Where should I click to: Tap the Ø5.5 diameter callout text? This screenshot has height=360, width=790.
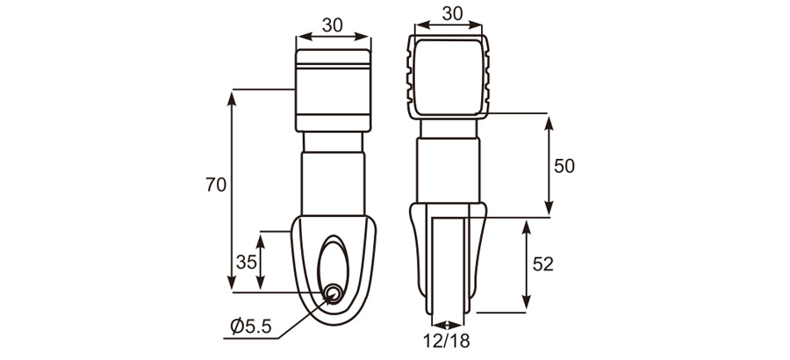tap(252, 328)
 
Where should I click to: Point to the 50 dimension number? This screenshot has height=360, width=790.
tap(564, 166)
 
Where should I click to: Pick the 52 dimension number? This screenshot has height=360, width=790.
tap(543, 263)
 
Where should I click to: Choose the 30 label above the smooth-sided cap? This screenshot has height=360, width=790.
tap(332, 25)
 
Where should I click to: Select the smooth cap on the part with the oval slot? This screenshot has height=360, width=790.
tap(332, 88)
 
